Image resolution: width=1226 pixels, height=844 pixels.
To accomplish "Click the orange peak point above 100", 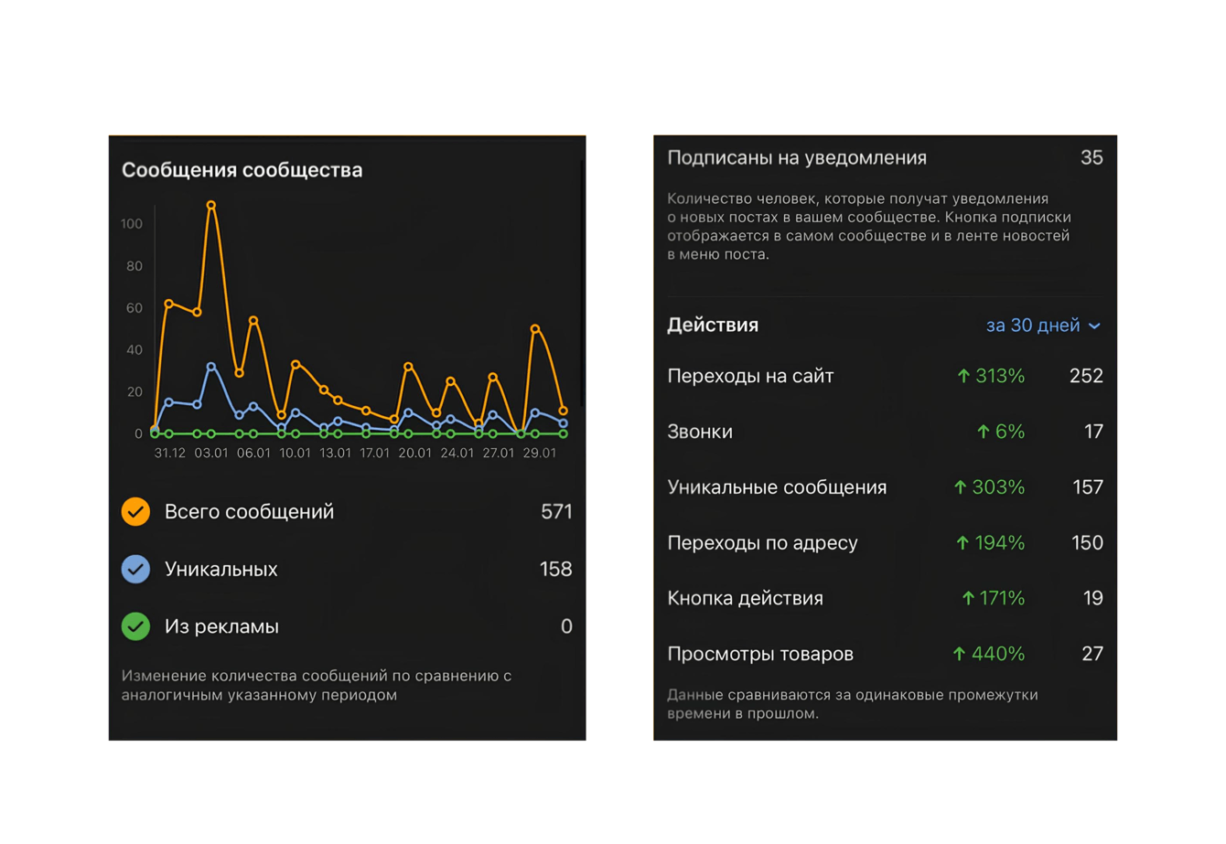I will click(211, 206).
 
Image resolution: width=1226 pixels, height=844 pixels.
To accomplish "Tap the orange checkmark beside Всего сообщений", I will click(136, 511).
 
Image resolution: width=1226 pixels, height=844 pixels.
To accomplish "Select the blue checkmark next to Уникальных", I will click(136, 569).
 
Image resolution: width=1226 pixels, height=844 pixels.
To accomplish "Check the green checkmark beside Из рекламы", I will click(136, 626).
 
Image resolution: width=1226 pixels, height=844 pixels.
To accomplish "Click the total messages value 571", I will click(556, 511).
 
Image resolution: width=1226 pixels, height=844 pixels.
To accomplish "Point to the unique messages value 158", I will click(555, 569).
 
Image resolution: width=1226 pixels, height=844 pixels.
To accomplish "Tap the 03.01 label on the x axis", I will click(211, 453).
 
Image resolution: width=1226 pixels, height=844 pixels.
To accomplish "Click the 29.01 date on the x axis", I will click(540, 453).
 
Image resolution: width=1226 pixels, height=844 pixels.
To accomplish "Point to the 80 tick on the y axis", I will click(134, 266).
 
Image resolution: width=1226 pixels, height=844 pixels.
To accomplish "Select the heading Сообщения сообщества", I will click(242, 170).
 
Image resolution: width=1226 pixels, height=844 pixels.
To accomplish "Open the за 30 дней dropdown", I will click(1043, 326).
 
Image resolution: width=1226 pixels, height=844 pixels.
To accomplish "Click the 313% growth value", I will click(999, 376).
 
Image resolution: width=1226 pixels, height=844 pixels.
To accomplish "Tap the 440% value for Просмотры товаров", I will click(997, 654).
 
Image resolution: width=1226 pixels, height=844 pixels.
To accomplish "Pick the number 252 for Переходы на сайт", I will click(1086, 376).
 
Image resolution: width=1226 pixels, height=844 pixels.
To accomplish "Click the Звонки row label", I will click(700, 432).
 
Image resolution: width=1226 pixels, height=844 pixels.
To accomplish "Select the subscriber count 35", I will click(1092, 157).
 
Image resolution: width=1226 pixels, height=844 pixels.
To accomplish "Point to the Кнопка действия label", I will click(745, 598).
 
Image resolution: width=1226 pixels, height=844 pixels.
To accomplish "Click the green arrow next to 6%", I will click(984, 432).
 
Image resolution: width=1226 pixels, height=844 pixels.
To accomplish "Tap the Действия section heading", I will click(713, 325).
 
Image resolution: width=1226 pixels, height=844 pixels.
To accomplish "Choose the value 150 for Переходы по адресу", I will click(1087, 542).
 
